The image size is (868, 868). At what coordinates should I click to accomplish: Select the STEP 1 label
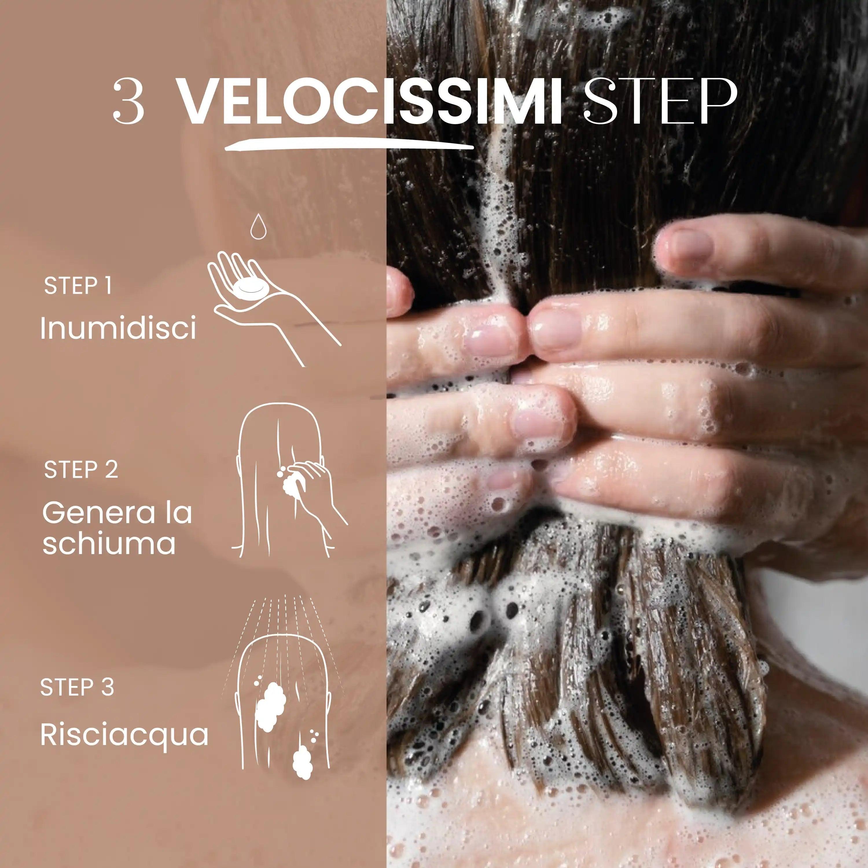click(77, 286)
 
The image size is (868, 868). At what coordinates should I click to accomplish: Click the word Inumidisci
click(118, 328)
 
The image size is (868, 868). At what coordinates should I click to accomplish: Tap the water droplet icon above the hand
click(258, 226)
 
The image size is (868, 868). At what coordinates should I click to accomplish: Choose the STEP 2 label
click(81, 470)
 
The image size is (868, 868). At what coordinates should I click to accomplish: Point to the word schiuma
click(109, 543)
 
